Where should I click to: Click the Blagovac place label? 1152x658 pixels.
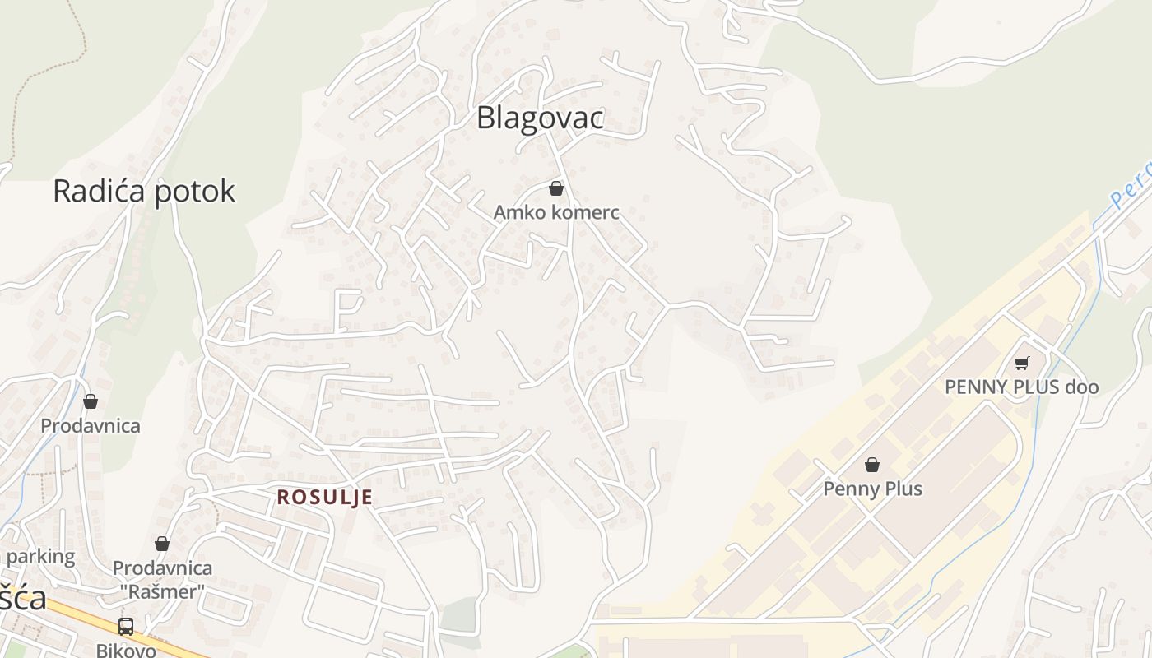[x=540, y=118]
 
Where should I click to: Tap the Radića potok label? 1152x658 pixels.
[x=144, y=191]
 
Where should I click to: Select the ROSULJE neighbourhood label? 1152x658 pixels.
[x=324, y=498]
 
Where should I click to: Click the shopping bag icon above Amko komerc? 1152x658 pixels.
[x=556, y=189]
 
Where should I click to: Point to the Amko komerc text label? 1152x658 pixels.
[x=556, y=212]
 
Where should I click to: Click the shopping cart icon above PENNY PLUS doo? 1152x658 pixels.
[x=1021, y=363]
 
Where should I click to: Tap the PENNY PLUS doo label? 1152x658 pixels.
[x=1021, y=387]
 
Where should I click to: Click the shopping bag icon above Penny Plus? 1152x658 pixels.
[x=872, y=466]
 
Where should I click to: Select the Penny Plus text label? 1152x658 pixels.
[x=872, y=489]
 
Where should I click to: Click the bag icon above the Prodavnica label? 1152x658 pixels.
[x=91, y=401]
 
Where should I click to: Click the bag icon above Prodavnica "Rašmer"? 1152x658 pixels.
[x=162, y=544]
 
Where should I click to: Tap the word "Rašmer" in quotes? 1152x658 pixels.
[x=162, y=591]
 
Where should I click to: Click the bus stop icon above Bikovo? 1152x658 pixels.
[x=126, y=627]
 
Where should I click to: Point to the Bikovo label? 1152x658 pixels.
[x=126, y=650]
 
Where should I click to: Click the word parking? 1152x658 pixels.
[x=40, y=557]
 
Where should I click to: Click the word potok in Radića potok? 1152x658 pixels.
[x=193, y=191]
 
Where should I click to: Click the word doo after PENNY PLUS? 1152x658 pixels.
[x=1081, y=387]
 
